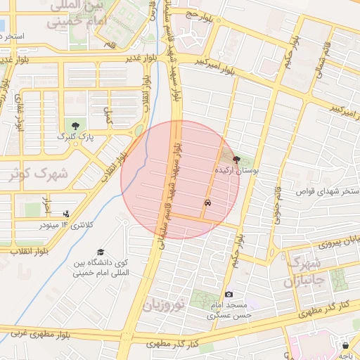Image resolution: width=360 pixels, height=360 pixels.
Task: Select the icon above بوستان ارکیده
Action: click(236, 160)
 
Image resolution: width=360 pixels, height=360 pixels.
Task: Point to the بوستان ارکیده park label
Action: click(236, 171)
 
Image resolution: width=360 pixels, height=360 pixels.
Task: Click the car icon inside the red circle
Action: click(208, 202)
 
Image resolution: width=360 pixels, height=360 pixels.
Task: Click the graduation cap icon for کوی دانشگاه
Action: click(101, 252)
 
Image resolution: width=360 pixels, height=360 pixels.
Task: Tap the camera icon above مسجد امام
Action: click(228, 294)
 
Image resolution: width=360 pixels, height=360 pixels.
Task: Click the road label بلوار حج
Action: click(202, 13)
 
